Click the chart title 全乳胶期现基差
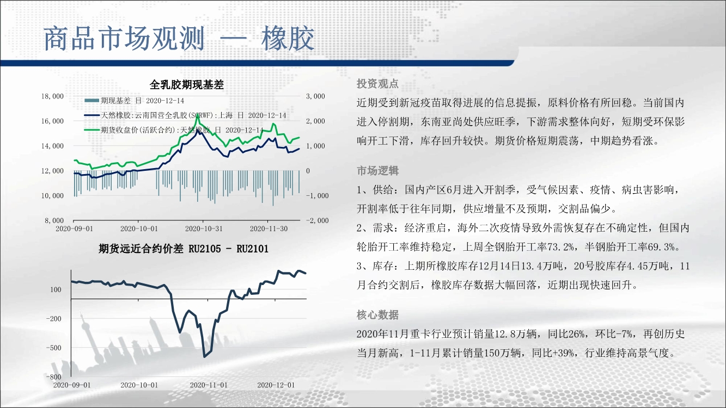coord(187,85)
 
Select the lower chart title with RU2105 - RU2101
coord(184,249)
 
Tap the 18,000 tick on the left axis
coord(52,96)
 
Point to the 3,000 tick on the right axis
coord(315,96)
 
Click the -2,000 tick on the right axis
coord(317,220)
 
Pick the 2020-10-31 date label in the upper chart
coord(204,228)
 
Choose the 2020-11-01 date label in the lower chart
coord(209,385)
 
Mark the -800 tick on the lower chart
coord(53,377)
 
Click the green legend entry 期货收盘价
coord(174,130)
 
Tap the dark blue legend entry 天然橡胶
coord(185,115)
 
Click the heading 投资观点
coord(377,84)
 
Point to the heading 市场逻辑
coord(377,171)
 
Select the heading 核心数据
coord(377,315)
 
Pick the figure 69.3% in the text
coord(661,247)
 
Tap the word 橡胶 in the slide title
coord(288,39)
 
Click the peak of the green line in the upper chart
coord(197,115)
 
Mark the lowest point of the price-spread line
coord(204,357)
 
